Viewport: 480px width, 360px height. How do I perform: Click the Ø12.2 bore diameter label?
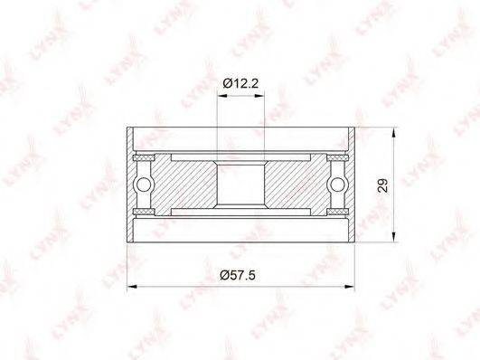click(x=240, y=83)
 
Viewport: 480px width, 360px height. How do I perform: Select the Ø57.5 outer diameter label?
click(x=238, y=275)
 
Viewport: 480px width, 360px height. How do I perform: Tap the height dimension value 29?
click(x=382, y=185)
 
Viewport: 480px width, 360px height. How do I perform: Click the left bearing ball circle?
click(x=144, y=185)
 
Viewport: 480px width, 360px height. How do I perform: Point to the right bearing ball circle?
click(x=338, y=185)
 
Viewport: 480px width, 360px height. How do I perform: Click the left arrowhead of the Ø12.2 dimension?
click(x=222, y=96)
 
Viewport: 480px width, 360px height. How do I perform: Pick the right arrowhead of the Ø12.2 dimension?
click(x=259, y=96)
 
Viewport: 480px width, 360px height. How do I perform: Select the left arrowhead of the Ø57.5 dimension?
click(x=132, y=287)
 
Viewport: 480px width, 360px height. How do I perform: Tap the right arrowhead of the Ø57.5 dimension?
click(x=349, y=287)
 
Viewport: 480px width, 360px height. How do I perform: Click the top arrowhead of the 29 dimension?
click(x=394, y=133)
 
